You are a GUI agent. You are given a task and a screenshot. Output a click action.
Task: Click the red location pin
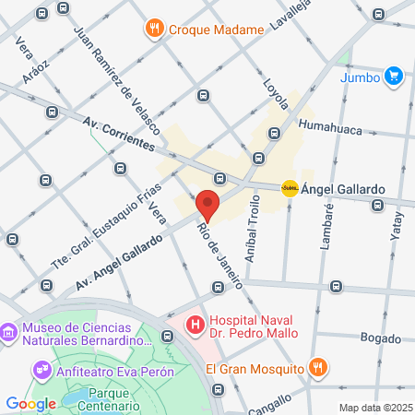coord(207,206)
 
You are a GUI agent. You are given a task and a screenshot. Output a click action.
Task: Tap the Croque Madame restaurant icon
coord(153,29)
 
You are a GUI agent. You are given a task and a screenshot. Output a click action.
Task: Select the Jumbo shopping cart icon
coord(394,77)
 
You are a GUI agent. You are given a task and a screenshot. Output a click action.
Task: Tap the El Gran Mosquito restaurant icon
coord(317,369)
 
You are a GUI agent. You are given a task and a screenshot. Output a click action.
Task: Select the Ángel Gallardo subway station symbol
coord(290,188)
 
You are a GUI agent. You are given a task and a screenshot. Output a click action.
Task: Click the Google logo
coord(30,403)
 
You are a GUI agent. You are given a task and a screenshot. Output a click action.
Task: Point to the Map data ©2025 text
coord(373,408)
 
